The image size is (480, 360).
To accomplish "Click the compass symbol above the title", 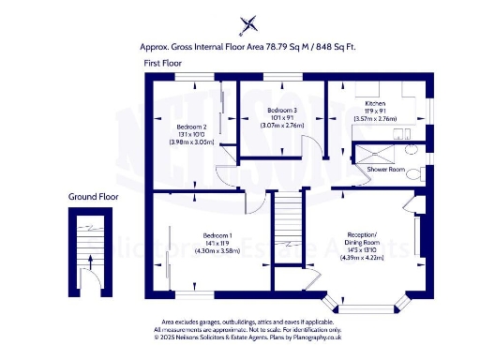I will [x=248, y=24].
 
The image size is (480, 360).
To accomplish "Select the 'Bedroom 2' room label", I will [x=190, y=127].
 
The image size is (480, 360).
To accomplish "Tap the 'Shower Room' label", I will [x=385, y=169].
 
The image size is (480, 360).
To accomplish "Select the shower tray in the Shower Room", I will [x=372, y=153].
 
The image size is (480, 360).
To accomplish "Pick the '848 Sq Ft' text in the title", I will [x=336, y=45].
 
